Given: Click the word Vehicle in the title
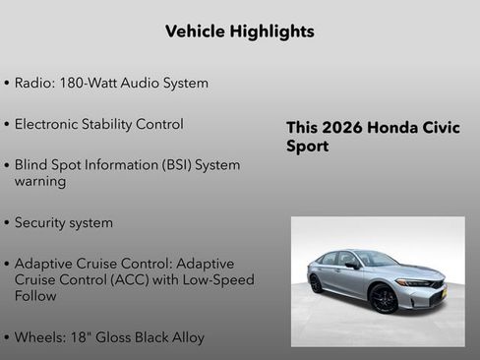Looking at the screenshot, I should (195, 31).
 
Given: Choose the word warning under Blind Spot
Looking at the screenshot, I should (40, 181).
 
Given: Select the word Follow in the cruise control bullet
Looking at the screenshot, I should (36, 296).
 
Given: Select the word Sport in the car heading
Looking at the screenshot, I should (307, 147).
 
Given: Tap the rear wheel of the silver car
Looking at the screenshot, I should (316, 284).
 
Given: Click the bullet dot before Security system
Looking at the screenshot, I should (7, 223).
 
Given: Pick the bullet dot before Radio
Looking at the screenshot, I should (7, 84).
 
